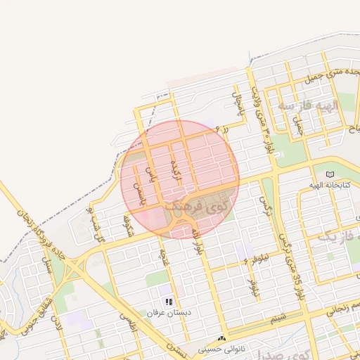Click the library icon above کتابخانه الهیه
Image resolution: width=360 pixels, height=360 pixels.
(330, 174)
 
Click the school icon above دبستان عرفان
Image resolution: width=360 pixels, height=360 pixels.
(169, 302)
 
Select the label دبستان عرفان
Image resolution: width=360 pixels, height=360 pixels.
(169, 311)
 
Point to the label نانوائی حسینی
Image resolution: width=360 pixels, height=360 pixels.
(220, 348)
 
